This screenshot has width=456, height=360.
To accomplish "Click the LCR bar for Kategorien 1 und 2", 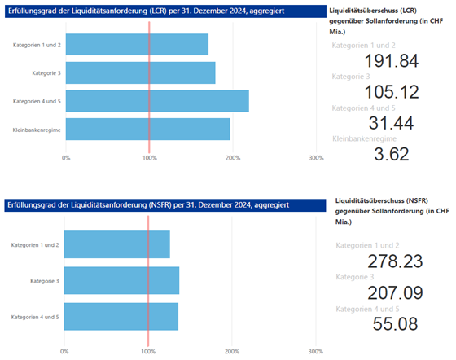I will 136,44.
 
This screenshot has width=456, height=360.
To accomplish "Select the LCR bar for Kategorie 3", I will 139,72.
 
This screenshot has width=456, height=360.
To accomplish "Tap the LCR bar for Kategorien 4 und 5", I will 156,101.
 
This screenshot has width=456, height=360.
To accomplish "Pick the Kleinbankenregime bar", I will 147,129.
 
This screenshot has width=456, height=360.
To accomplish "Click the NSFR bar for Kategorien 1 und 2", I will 116,244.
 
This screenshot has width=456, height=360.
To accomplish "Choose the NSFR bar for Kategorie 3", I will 121,280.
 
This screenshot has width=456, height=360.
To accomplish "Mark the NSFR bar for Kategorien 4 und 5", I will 121,316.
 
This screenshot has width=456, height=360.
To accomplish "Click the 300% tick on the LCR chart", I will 316,158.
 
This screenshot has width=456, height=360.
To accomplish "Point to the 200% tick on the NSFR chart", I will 230,352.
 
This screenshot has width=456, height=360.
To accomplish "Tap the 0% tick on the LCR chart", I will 66,158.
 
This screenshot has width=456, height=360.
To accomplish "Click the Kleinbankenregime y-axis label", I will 37,130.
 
